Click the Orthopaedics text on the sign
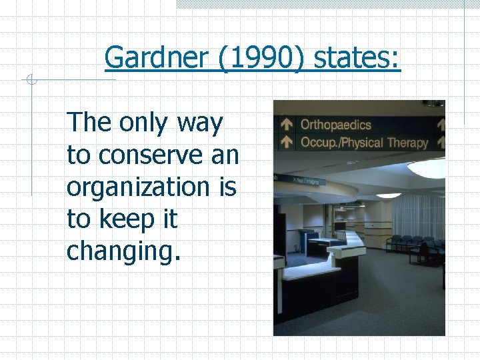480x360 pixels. click(335, 125)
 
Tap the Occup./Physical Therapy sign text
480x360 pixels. click(364, 142)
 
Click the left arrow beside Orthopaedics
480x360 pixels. click(286, 124)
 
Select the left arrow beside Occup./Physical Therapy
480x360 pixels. click(286, 141)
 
